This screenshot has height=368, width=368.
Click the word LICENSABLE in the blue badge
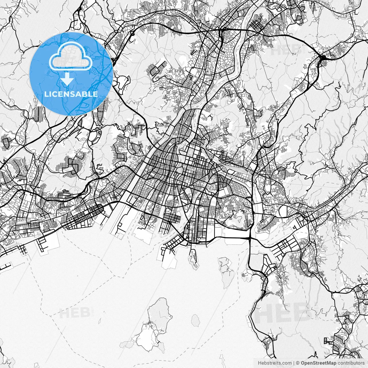(71, 94)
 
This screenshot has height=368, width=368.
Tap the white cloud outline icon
(71, 57)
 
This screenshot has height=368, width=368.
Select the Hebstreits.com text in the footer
(275, 363)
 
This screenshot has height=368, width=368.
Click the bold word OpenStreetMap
(318, 363)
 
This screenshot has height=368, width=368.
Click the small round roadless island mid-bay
(195, 320)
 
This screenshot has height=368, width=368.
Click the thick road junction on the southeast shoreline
(250, 239)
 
